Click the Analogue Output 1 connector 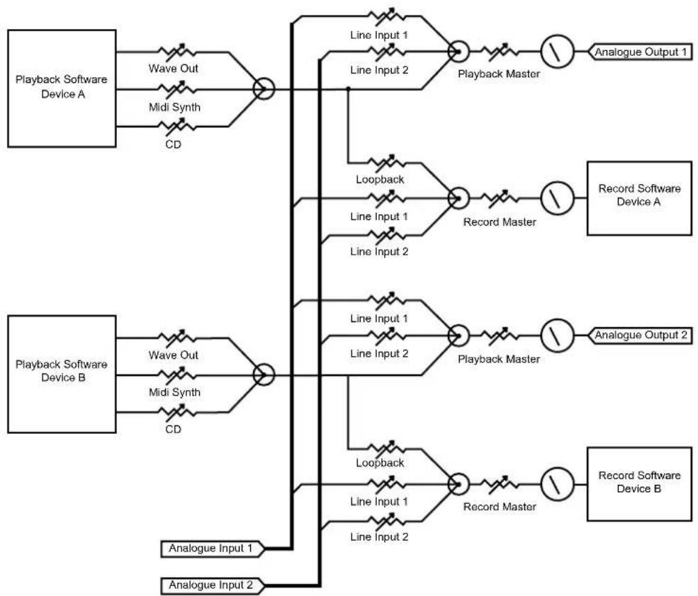pyautogui.click(x=640, y=52)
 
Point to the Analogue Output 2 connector pyautogui.click(x=640, y=335)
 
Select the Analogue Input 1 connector pyautogui.click(x=212, y=549)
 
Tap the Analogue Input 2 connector pyautogui.click(x=212, y=585)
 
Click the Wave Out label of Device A pyautogui.click(x=173, y=69)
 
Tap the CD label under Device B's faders pyautogui.click(x=173, y=429)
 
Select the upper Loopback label pyautogui.click(x=380, y=179)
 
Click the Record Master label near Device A pyautogui.click(x=500, y=222)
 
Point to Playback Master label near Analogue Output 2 pyautogui.click(x=499, y=359)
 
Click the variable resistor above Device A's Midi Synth pyautogui.click(x=177, y=89)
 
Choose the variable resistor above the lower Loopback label pyautogui.click(x=386, y=448)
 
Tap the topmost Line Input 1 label pyautogui.click(x=379, y=35)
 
